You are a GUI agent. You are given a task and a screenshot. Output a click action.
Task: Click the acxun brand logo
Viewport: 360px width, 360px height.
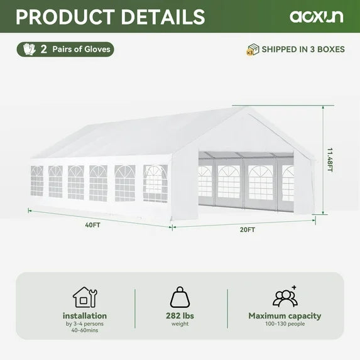(x=316, y=17)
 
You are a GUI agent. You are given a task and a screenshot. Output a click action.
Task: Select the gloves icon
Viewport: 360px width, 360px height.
(x=28, y=49)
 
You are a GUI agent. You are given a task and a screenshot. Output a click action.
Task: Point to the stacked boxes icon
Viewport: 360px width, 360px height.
(x=253, y=50)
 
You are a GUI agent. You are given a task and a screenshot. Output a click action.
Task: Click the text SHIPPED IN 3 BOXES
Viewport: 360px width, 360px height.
(x=303, y=50)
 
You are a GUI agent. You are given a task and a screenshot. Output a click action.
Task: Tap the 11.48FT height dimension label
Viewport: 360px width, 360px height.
(x=330, y=160)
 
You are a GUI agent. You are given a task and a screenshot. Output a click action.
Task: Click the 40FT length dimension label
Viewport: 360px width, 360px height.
(x=94, y=224)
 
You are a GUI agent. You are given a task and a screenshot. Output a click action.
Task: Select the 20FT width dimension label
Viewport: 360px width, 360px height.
(x=247, y=230)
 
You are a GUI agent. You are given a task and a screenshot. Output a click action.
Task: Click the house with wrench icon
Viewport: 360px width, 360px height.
(x=84, y=297)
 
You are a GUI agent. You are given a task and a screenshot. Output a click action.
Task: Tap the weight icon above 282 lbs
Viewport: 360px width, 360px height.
(x=180, y=297)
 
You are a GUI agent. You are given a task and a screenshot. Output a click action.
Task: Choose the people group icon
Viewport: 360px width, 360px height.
(x=285, y=296)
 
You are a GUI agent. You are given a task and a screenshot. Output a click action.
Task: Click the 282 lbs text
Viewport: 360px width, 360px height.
(x=180, y=315)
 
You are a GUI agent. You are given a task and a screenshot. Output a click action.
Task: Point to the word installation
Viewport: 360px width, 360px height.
(x=85, y=316)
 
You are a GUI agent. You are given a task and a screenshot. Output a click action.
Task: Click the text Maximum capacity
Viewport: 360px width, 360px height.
(x=285, y=316)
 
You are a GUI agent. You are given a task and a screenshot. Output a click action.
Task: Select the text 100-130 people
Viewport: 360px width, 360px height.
(x=285, y=325)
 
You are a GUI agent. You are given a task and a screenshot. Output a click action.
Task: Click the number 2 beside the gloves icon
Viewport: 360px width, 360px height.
(x=44, y=49)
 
